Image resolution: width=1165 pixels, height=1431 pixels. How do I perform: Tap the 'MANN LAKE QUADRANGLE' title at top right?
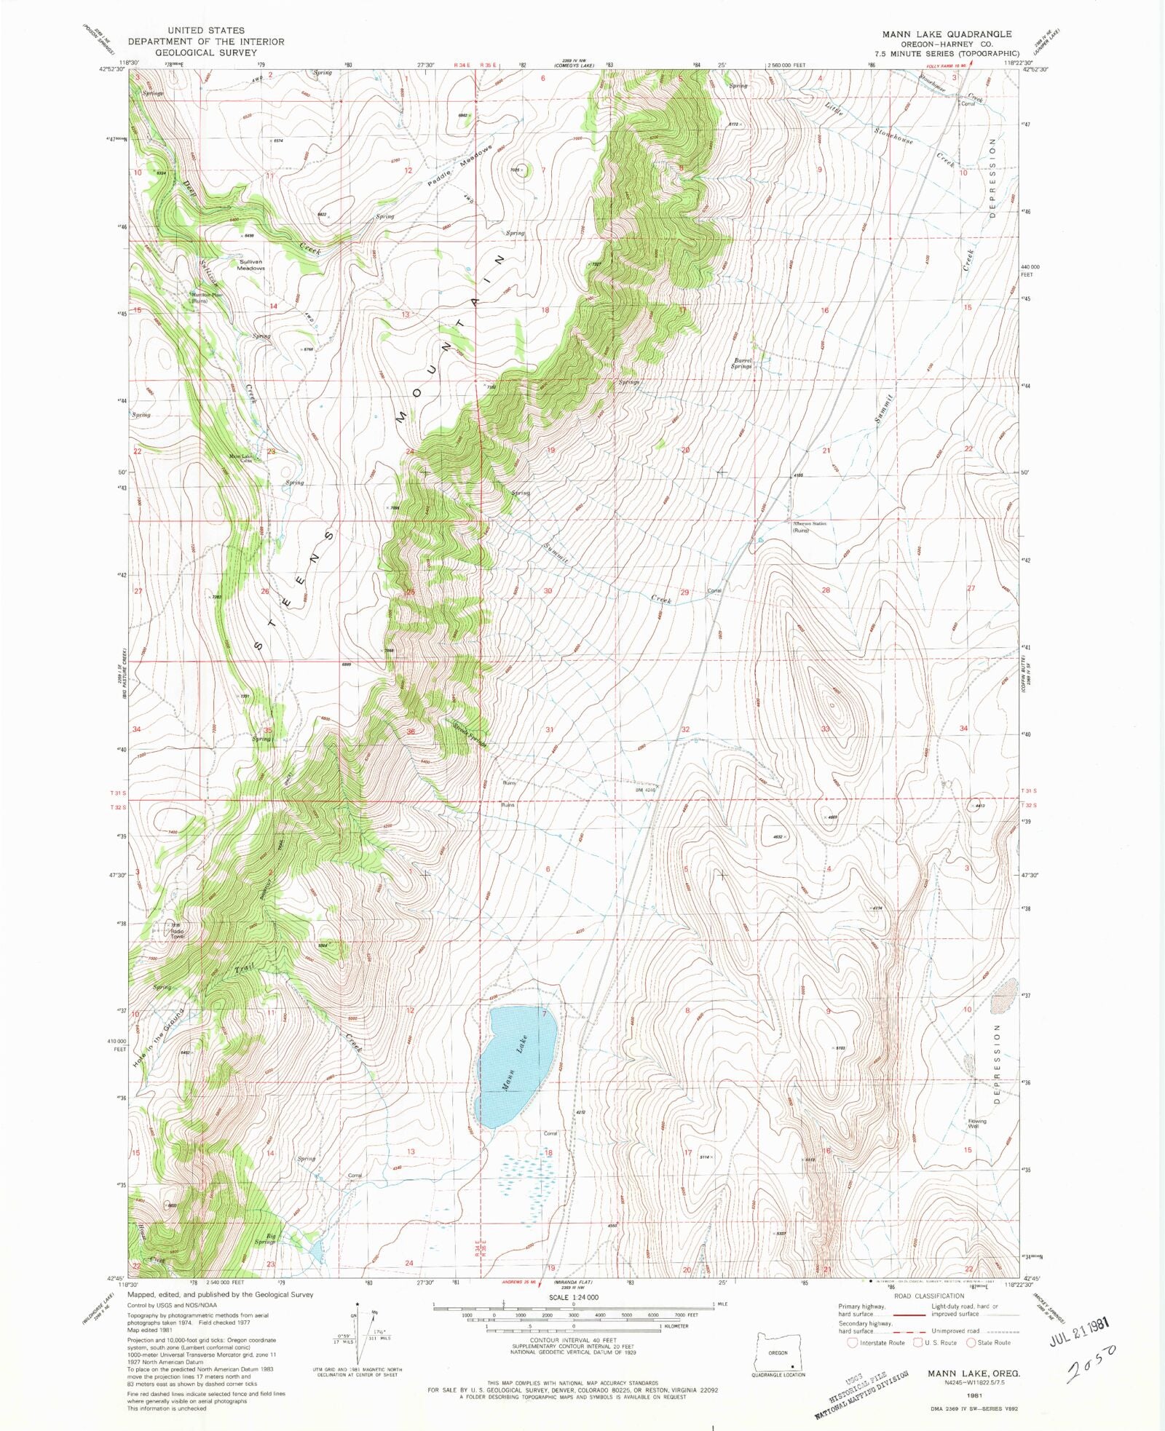click(947, 34)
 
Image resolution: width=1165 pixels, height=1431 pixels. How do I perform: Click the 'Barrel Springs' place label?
click(742, 363)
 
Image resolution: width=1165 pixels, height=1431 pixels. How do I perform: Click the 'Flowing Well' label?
click(976, 1124)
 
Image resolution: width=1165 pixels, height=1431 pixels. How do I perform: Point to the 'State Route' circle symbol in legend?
click(971, 1343)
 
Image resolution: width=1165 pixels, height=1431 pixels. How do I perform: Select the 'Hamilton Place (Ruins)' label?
click(208, 297)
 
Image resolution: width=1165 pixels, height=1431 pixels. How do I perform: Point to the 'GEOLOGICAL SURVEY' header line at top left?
click(206, 52)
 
